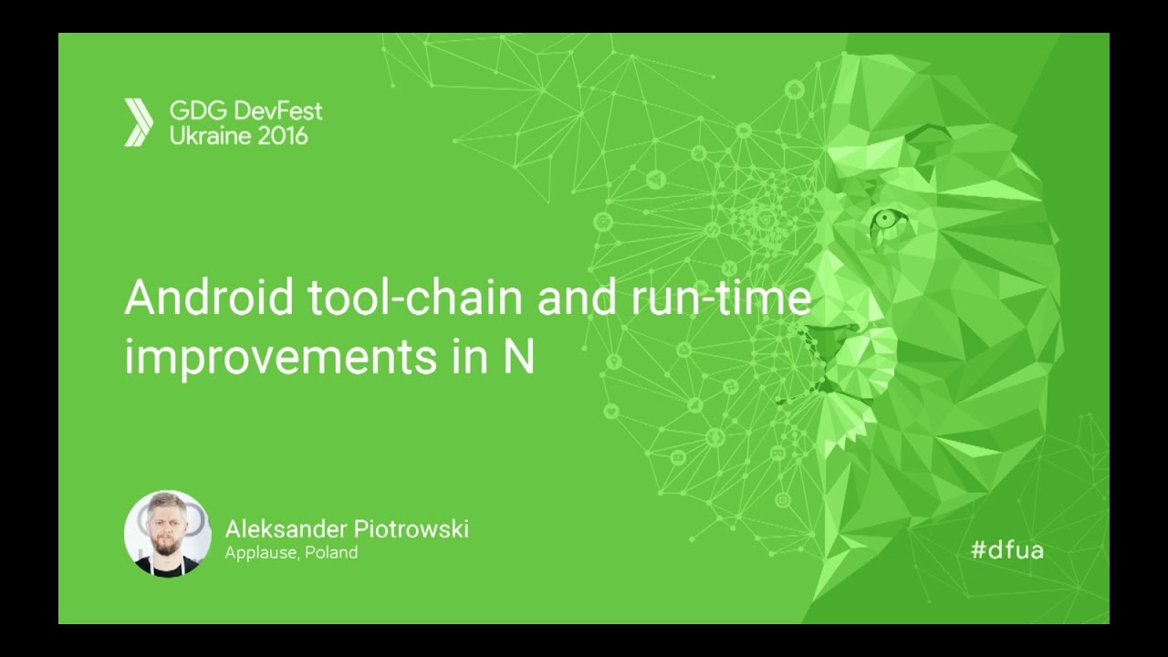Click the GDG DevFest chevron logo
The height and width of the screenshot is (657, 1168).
139,123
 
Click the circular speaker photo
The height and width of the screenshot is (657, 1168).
168,534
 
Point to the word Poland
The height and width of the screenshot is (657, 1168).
331,553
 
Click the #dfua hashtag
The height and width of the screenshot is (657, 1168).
1006,549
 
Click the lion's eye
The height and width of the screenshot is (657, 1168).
886,219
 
